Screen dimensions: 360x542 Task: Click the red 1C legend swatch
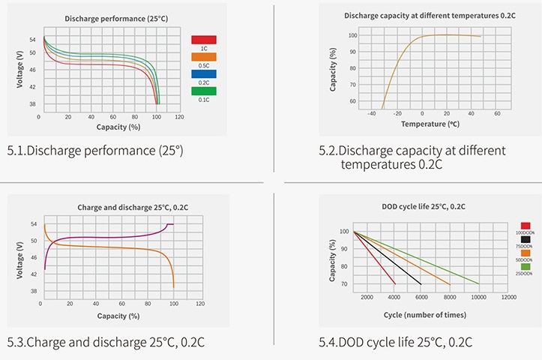pos(204,40)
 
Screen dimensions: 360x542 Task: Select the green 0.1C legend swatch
pos(204,91)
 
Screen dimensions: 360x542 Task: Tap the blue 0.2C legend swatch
pos(204,73)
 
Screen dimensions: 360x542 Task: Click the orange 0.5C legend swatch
pos(204,56)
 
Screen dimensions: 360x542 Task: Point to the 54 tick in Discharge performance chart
pos(31,39)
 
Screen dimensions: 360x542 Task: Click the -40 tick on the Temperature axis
pos(372,113)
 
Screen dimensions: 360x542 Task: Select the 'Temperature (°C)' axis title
pos(430,124)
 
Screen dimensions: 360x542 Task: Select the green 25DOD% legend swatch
pos(525,266)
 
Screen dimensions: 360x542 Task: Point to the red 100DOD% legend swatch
pos(525,225)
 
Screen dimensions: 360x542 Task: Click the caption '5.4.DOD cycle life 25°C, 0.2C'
pos(395,343)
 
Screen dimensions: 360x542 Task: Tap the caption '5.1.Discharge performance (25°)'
pos(95,151)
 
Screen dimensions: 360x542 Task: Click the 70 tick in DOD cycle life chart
pos(344,284)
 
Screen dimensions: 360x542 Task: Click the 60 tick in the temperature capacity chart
pos(351,100)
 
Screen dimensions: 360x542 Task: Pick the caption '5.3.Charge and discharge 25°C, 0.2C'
pos(106,343)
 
